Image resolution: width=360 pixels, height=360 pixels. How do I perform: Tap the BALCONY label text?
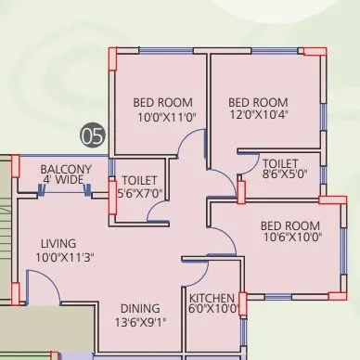pos(64,168)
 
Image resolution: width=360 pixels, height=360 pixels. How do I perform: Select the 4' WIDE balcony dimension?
pos(64,180)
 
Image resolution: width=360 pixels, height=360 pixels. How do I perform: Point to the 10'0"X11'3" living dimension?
pos(65,257)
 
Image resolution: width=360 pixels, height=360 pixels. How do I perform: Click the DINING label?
pos(139,308)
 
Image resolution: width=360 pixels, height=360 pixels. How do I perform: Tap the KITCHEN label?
pos(212,298)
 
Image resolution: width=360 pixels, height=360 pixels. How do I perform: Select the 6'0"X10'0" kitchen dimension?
pos(213,310)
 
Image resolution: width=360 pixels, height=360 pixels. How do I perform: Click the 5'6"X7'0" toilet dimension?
pos(139,193)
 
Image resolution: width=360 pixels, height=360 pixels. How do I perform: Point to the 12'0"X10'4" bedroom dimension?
pos(259,116)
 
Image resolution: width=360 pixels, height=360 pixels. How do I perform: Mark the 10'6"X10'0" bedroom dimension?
pos(291,238)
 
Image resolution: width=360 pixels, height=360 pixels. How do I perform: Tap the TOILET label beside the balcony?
pos(139,180)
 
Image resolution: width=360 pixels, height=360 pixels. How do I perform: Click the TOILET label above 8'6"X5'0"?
pos(279,160)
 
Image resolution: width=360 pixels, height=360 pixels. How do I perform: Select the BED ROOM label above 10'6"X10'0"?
pos(290,225)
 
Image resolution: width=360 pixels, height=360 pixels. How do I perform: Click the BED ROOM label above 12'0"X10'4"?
pos(259,102)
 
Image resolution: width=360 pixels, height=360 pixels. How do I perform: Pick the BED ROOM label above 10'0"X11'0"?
pos(162,102)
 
